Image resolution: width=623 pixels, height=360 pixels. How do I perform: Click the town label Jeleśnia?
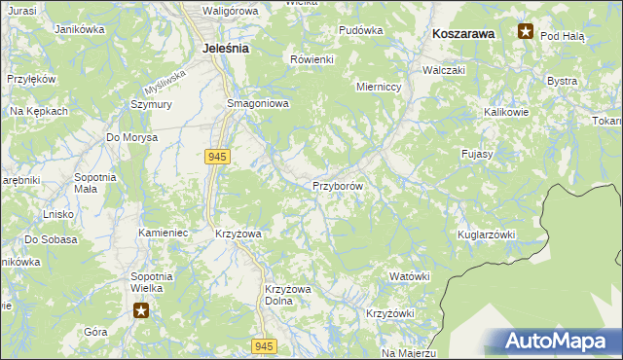[225, 47]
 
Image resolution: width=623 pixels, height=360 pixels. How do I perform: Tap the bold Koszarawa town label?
[463, 33]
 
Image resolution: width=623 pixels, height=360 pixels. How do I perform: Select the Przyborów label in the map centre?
[337, 185]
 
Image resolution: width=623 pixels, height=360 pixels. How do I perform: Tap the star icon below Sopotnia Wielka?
[141, 310]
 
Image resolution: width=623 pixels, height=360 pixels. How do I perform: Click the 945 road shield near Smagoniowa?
[217, 156]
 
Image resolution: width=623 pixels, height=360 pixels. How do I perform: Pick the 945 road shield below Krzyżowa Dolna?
[264, 345]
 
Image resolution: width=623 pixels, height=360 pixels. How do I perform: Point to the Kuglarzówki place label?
[486, 235]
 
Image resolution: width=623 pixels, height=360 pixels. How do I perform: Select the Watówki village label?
[409, 276]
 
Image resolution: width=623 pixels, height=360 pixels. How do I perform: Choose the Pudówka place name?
[360, 30]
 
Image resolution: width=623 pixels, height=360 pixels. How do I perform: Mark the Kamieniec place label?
[163, 234]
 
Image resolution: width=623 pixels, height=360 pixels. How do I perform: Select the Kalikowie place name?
[506, 112]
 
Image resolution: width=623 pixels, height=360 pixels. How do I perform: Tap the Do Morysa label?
[132, 137]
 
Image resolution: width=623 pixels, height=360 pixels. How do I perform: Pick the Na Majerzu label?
[409, 352]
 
